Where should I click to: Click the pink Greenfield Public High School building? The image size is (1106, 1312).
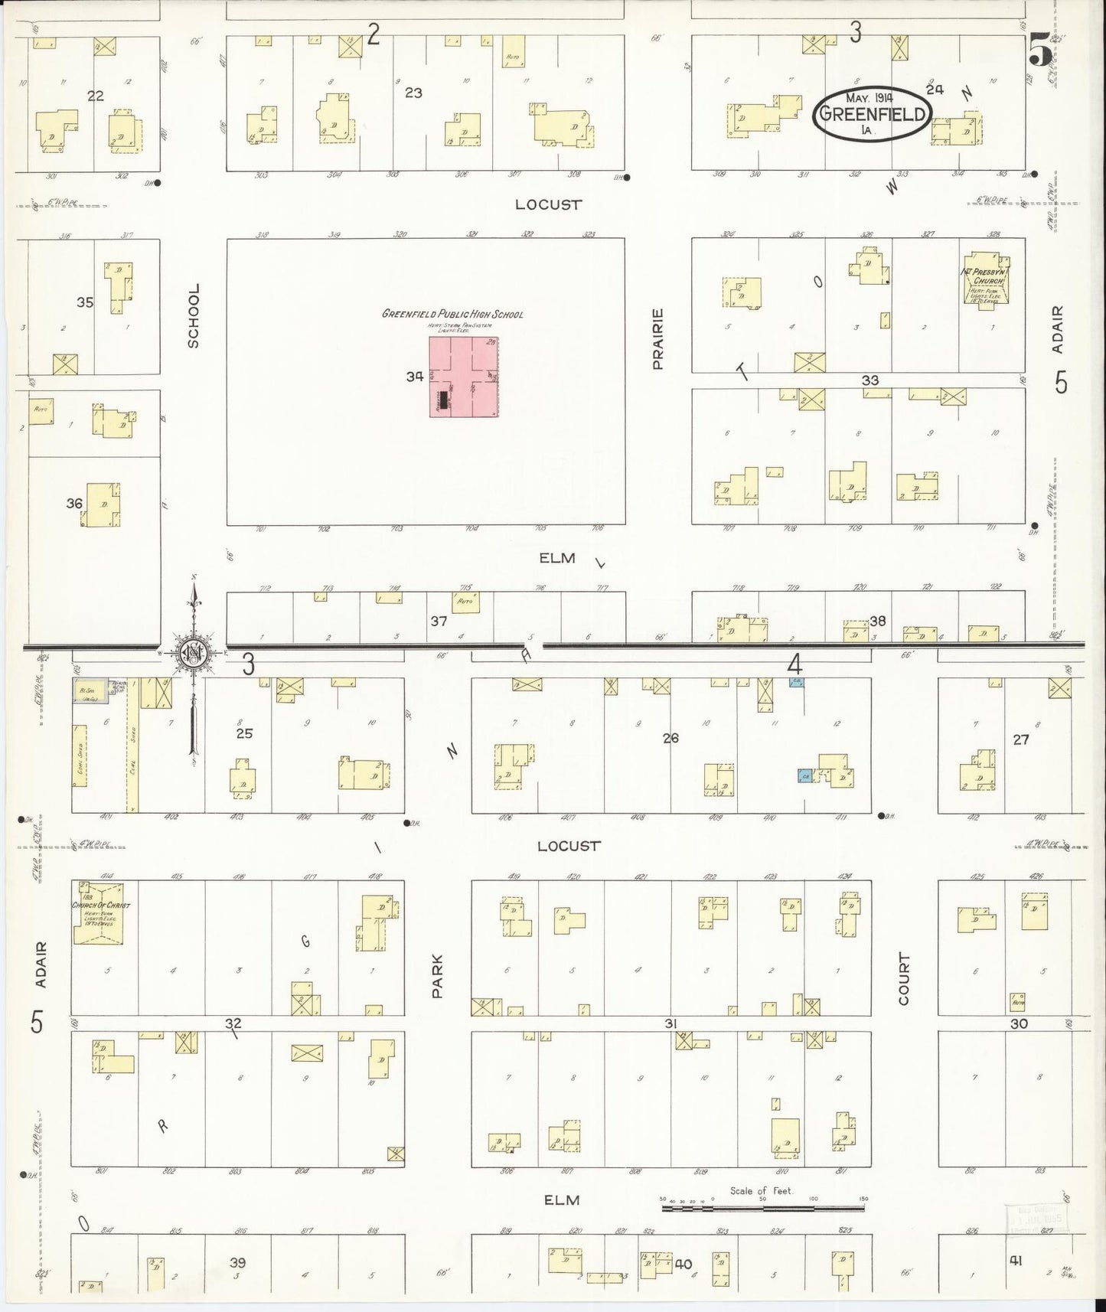(x=464, y=375)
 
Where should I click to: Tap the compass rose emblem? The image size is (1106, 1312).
(x=194, y=652)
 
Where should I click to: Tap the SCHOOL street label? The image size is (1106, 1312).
(x=194, y=315)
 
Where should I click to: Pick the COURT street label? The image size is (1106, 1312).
(x=904, y=978)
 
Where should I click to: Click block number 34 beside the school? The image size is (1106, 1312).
(x=416, y=377)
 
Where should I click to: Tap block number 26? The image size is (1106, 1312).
(x=670, y=738)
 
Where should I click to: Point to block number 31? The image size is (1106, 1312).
(x=671, y=1023)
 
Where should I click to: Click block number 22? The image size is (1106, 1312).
(x=96, y=96)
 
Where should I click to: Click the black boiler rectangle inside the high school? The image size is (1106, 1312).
(x=443, y=400)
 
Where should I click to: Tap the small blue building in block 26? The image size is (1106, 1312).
(x=804, y=775)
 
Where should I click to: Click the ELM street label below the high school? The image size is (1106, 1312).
(x=556, y=558)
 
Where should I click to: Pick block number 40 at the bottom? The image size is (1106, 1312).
(x=684, y=1264)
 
